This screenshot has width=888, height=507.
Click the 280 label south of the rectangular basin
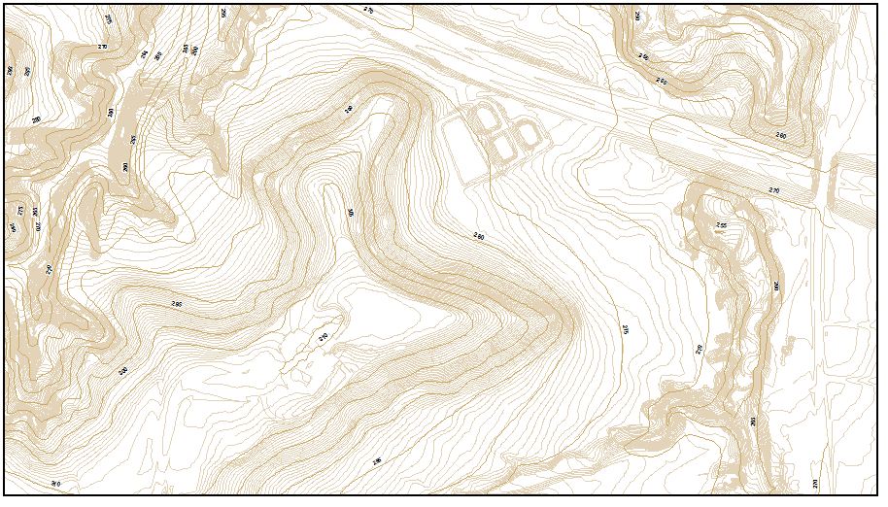(478, 236)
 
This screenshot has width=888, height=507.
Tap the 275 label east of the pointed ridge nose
(627, 330)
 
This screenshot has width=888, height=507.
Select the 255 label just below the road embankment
(721, 225)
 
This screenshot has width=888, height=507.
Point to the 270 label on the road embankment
(774, 190)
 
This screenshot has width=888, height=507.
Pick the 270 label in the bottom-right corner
(816, 483)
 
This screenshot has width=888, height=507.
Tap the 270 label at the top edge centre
(368, 10)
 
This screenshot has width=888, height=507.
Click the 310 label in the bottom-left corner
(55, 484)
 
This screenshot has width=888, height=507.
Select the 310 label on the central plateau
(324, 337)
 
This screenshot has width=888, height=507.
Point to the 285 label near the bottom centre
(377, 460)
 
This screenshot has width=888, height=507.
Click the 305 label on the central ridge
(350, 213)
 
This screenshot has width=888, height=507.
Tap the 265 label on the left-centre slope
(177, 304)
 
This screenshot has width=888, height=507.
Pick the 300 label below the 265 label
(123, 371)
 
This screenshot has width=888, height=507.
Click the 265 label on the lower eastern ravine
(753, 421)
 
